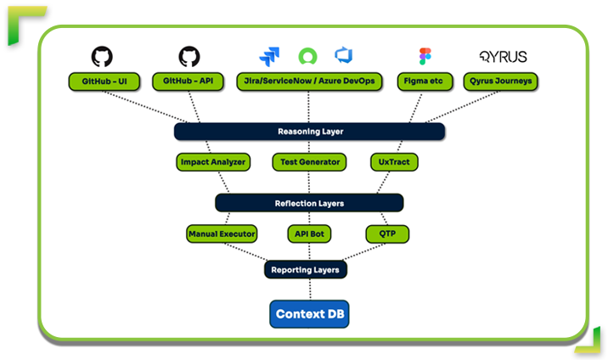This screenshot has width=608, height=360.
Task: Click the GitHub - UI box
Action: coord(102,82)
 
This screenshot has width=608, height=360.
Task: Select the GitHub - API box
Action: coord(189,82)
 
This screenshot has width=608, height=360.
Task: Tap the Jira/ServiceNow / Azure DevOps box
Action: coord(308,82)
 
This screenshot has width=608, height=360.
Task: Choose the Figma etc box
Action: coord(425,82)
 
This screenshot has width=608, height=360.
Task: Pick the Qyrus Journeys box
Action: coord(502,82)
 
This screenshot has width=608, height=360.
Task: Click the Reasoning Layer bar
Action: coord(309,132)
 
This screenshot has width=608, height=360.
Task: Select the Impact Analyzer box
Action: coord(212,161)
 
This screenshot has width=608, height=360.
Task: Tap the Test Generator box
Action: coord(309,161)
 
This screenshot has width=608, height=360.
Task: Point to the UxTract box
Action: coord(395,161)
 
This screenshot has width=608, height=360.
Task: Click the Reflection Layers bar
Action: coord(309,203)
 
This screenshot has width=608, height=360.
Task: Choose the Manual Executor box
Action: coord(221,233)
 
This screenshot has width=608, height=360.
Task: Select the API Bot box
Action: coord(309,233)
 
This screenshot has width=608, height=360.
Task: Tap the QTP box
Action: coord(386,233)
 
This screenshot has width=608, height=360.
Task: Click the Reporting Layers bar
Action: coord(305,270)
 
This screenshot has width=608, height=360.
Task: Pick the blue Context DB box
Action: coord(310,314)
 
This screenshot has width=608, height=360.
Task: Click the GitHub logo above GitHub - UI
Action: coord(102,57)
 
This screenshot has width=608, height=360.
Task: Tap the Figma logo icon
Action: coord(425,57)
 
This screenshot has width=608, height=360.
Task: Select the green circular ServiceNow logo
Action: coord(307,57)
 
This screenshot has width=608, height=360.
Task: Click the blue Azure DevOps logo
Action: coord(344,56)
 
